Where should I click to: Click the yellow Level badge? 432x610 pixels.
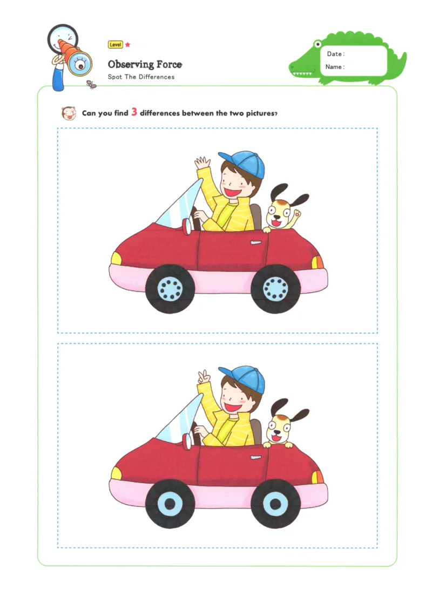(x=115, y=45)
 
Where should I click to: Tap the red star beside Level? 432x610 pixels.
(x=127, y=45)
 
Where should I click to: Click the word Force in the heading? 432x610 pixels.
(x=169, y=64)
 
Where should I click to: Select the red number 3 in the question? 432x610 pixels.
(x=134, y=112)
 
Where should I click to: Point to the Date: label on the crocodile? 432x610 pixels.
(x=335, y=54)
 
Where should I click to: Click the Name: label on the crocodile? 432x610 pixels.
(x=335, y=67)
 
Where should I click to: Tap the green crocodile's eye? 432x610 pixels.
(x=318, y=44)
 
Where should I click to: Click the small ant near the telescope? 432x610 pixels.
(x=91, y=84)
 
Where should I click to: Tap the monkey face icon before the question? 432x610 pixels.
(x=69, y=113)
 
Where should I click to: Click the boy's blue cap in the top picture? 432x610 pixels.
(x=244, y=163)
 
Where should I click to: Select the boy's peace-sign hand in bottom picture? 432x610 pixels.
(x=204, y=377)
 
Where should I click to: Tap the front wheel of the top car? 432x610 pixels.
(x=170, y=289)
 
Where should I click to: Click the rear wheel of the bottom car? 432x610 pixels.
(x=275, y=504)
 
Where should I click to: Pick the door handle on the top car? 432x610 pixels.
(x=256, y=243)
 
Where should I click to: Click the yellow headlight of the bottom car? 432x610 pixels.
(x=116, y=473)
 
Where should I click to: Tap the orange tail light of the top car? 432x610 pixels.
(x=318, y=262)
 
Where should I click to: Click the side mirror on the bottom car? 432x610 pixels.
(x=187, y=442)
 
